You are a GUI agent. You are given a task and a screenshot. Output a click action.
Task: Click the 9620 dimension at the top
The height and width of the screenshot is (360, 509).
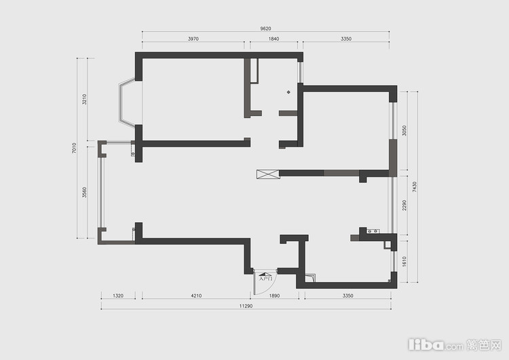[x=265, y=29]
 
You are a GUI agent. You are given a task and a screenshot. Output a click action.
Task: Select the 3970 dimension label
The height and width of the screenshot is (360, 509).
[x=193, y=39]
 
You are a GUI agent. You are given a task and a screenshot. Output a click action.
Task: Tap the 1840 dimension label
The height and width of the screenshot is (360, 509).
[x=274, y=39]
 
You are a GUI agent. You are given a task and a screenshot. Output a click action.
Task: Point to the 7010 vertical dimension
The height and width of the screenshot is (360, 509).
[x=75, y=148]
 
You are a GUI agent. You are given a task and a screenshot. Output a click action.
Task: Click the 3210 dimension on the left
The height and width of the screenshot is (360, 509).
[x=84, y=99]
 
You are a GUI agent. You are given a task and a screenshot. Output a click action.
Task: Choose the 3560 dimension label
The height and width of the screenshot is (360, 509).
[x=84, y=192]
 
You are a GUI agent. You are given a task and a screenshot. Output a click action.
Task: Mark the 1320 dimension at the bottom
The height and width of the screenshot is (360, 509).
[x=118, y=295]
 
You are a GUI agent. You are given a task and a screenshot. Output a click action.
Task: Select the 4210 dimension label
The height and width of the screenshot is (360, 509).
[x=196, y=295]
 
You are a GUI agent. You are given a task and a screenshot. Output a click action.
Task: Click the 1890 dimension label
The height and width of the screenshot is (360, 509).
[x=274, y=295]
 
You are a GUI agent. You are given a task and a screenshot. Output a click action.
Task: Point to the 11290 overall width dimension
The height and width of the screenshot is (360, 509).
[x=246, y=306]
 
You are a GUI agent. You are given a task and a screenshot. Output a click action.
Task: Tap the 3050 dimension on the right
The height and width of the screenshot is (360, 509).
[x=404, y=130]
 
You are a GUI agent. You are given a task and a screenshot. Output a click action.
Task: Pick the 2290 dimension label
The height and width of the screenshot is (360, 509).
[x=404, y=205]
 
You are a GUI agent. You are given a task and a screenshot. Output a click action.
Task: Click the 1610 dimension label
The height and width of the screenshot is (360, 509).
[x=404, y=262]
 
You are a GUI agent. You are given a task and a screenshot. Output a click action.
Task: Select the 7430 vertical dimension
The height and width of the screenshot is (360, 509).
[x=414, y=187]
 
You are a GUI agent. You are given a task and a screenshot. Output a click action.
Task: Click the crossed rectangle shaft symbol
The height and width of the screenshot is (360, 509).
[x=268, y=174]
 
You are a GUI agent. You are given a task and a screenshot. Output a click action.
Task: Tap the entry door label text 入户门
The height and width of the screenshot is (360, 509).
[x=265, y=278]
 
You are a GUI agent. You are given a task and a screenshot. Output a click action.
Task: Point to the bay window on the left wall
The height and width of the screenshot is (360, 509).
[x=125, y=103]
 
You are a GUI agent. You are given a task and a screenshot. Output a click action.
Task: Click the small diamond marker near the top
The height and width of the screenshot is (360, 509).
[x=288, y=92]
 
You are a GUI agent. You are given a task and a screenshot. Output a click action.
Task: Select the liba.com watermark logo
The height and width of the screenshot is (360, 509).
[x=455, y=345]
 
